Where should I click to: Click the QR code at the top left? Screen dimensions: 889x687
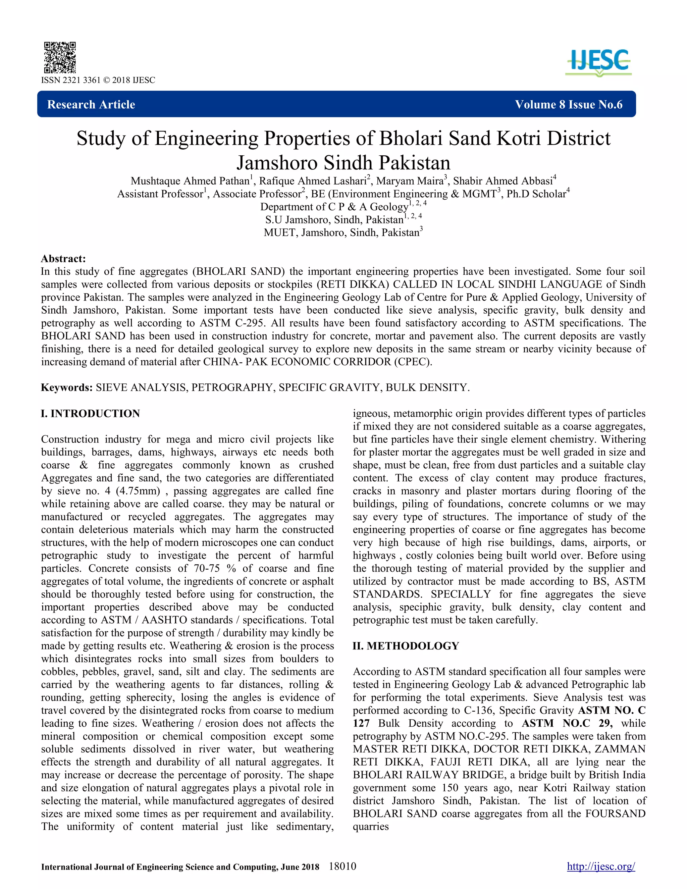60,57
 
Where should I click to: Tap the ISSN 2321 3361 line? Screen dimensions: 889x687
98,80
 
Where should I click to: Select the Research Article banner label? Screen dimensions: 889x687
91,105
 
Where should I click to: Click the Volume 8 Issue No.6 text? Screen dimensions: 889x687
568,105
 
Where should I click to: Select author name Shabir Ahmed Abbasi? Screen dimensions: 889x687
503,181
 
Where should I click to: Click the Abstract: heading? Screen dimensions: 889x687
63,259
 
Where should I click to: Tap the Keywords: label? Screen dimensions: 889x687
67,387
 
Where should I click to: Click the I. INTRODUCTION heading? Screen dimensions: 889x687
90,414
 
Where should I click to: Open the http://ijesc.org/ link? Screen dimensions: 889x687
601,867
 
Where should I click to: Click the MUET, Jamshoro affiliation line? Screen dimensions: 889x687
343,233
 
